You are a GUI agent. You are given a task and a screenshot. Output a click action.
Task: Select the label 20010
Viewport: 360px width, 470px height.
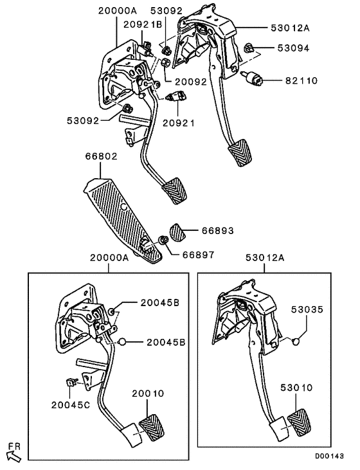[148, 393]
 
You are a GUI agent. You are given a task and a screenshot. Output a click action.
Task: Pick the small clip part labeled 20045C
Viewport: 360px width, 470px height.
[72, 384]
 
